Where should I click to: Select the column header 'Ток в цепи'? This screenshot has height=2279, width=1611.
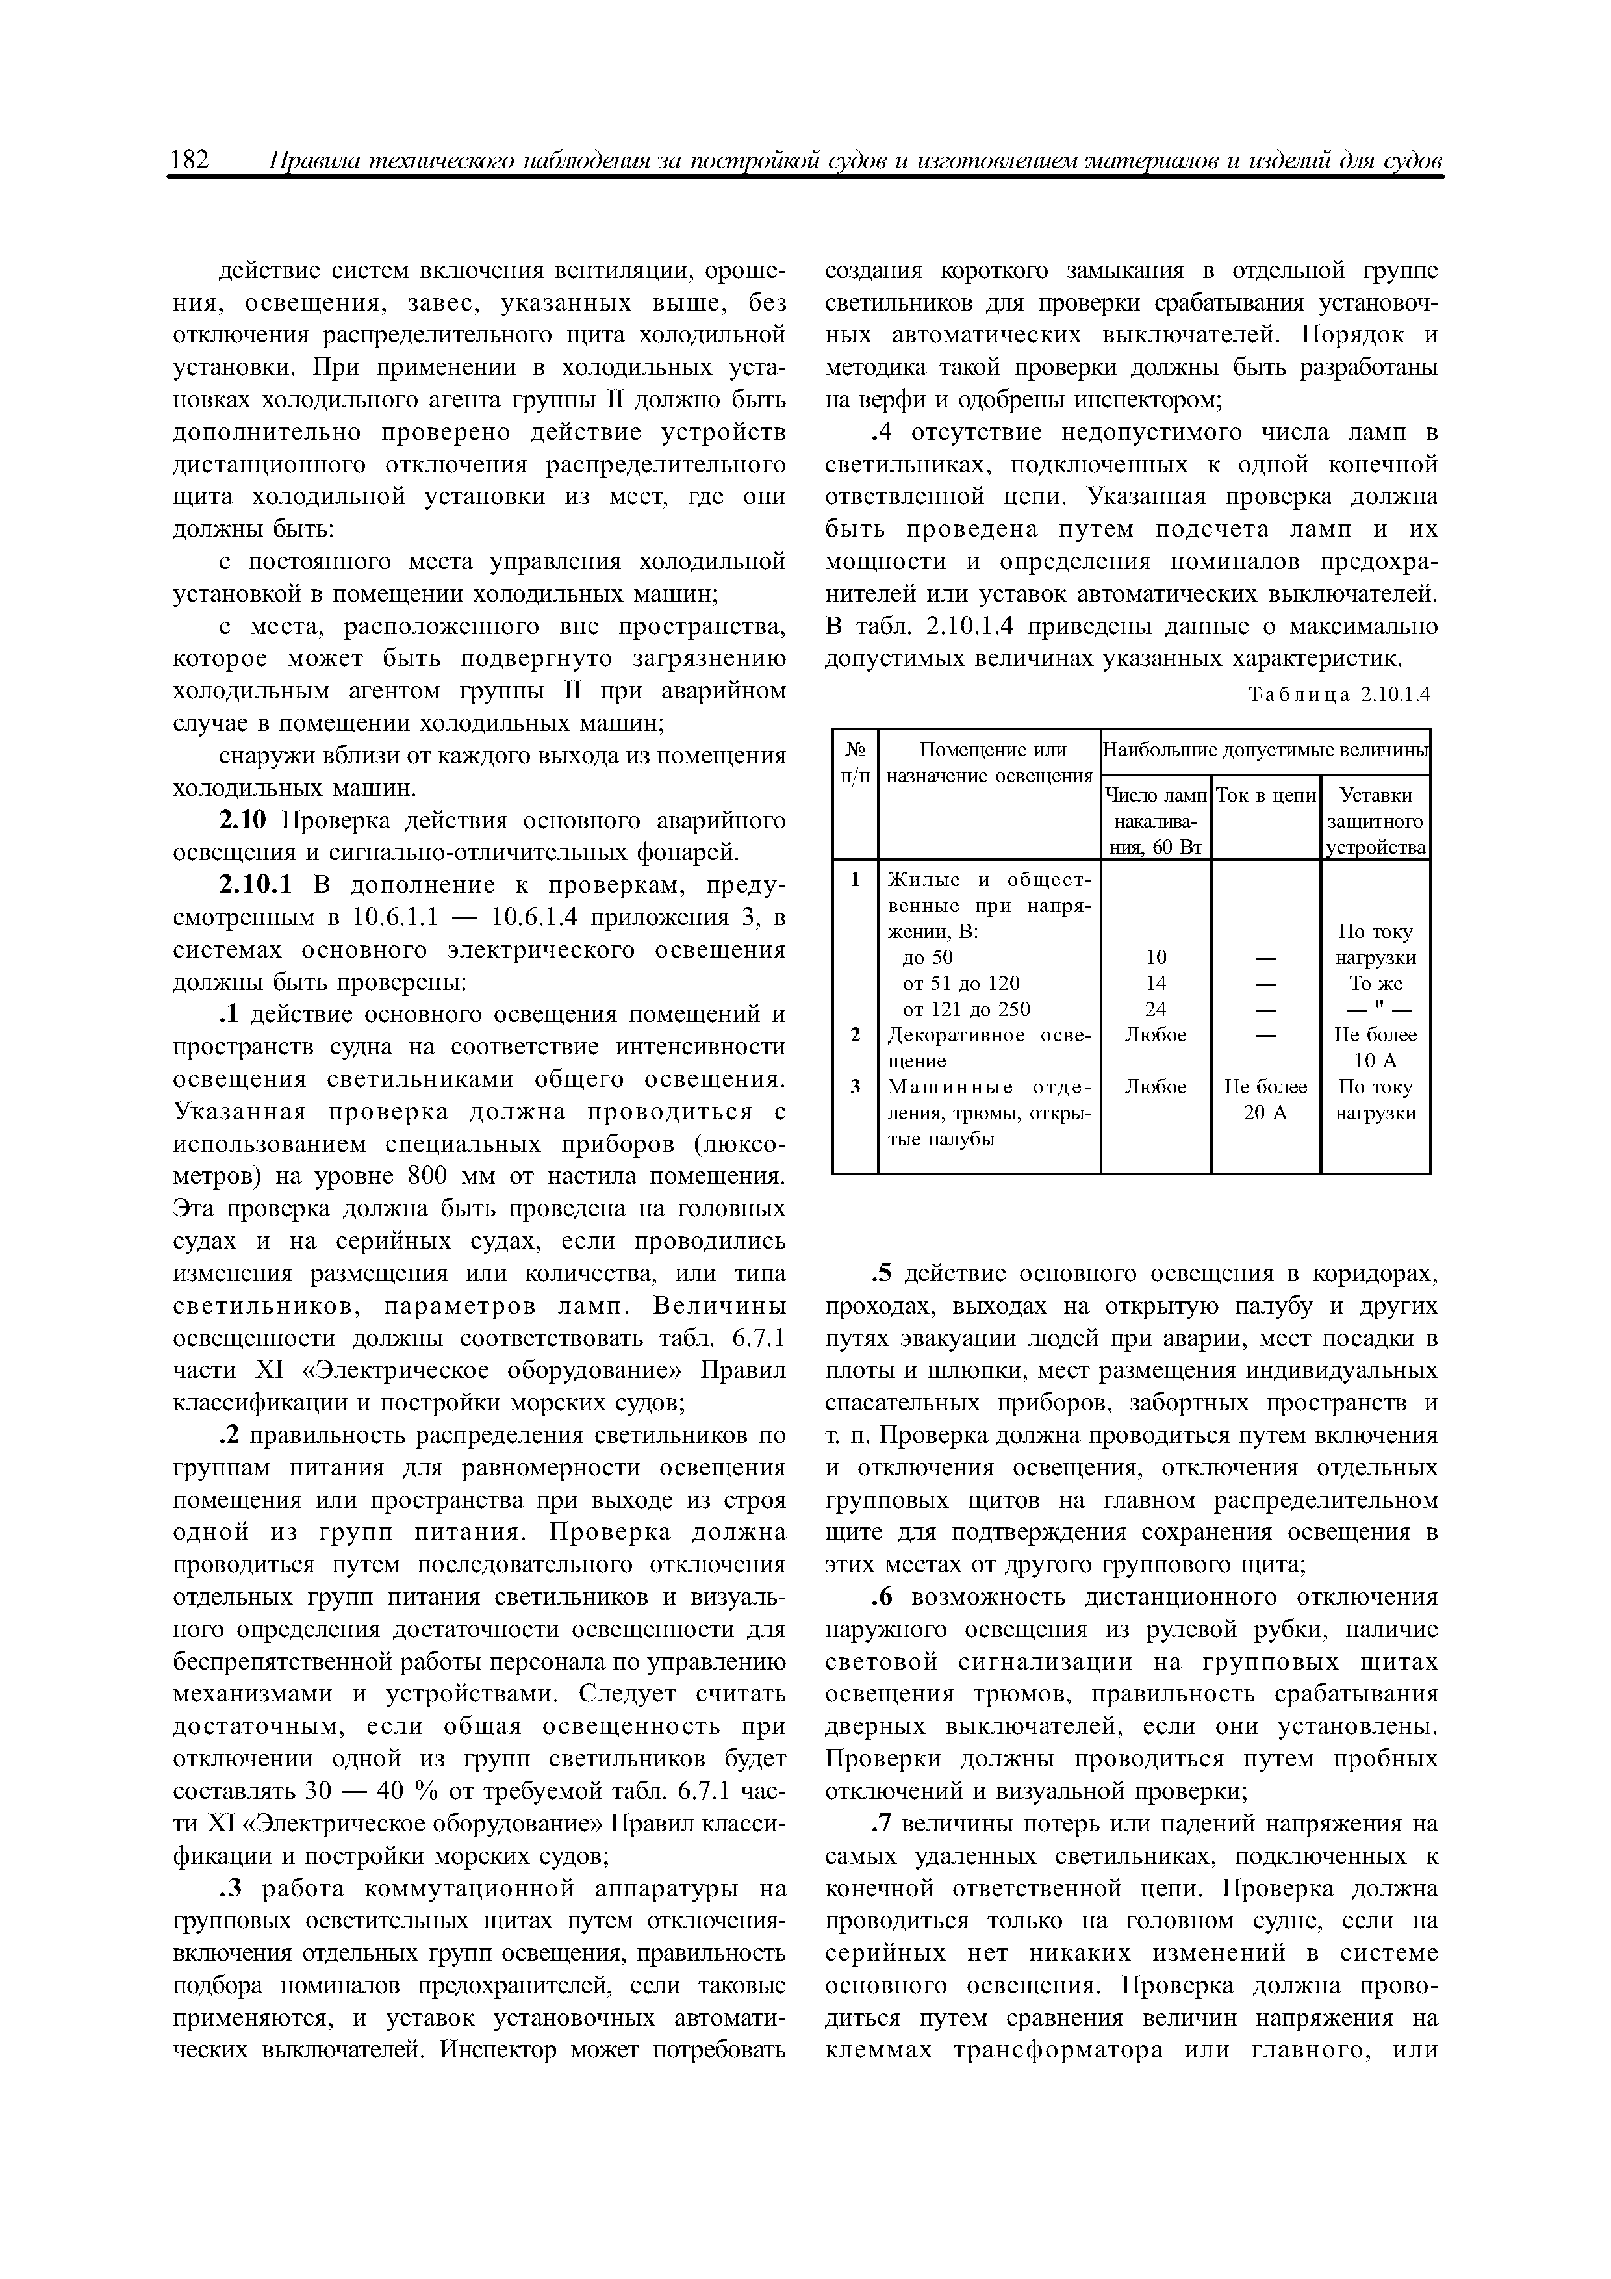[1265, 795]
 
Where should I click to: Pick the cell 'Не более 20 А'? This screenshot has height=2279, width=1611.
[1265, 1100]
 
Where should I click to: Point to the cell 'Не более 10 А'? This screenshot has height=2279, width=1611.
[1375, 1048]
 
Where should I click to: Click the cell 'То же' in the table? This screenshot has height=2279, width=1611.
[1375, 984]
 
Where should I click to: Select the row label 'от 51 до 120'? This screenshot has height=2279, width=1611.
[960, 984]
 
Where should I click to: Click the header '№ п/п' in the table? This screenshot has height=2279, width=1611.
[855, 762]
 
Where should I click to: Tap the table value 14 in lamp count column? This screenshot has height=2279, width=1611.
[1156, 984]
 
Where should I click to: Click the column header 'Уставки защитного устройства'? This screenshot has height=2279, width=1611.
[1375, 822]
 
